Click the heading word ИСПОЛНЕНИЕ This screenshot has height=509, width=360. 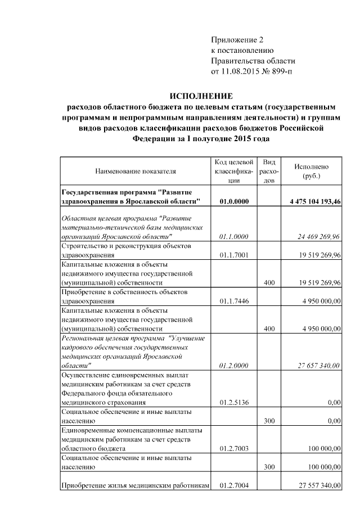tap(201, 97)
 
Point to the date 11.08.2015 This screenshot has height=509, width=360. tap(247, 71)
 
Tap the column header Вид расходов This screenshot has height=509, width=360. tap(269, 171)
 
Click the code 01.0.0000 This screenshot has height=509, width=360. tap(235, 201)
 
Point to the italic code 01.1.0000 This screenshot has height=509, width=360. tap(235, 237)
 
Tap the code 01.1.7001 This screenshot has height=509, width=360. tap(235, 255)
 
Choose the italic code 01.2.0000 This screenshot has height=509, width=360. tap(235, 366)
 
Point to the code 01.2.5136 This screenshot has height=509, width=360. tap(235, 402)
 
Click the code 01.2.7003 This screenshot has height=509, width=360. tap(235, 448)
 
